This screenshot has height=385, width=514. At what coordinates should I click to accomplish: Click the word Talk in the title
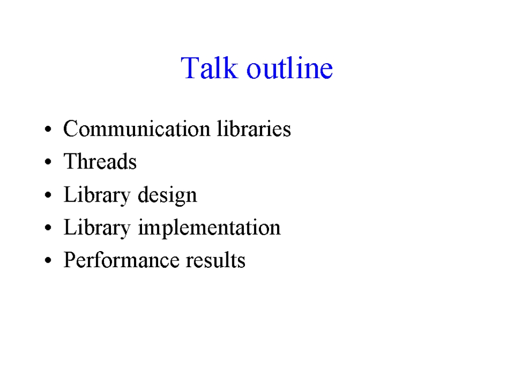[209, 68]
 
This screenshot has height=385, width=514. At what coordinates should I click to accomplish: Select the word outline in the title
[290, 68]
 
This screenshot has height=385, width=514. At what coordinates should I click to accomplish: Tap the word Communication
[137, 128]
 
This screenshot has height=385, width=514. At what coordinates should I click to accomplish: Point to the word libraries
[253, 128]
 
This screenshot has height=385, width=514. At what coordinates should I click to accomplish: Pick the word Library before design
[97, 196]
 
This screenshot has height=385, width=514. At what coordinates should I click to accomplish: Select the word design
[167, 196]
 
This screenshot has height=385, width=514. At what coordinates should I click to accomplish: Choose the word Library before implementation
[97, 228]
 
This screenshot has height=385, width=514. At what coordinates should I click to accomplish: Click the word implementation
[209, 228]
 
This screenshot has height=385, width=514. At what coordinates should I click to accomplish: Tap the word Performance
[121, 260]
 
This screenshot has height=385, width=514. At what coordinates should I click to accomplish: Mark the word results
[216, 260]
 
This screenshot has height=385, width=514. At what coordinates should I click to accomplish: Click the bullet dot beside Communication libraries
[48, 129]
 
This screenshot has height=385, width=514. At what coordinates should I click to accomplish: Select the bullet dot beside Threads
[48, 162]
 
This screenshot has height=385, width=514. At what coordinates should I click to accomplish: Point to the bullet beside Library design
[48, 195]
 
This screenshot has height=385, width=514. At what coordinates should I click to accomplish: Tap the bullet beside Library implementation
[48, 228]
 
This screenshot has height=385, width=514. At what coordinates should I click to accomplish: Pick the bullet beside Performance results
[48, 261]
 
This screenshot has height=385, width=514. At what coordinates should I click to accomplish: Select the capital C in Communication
[71, 128]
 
